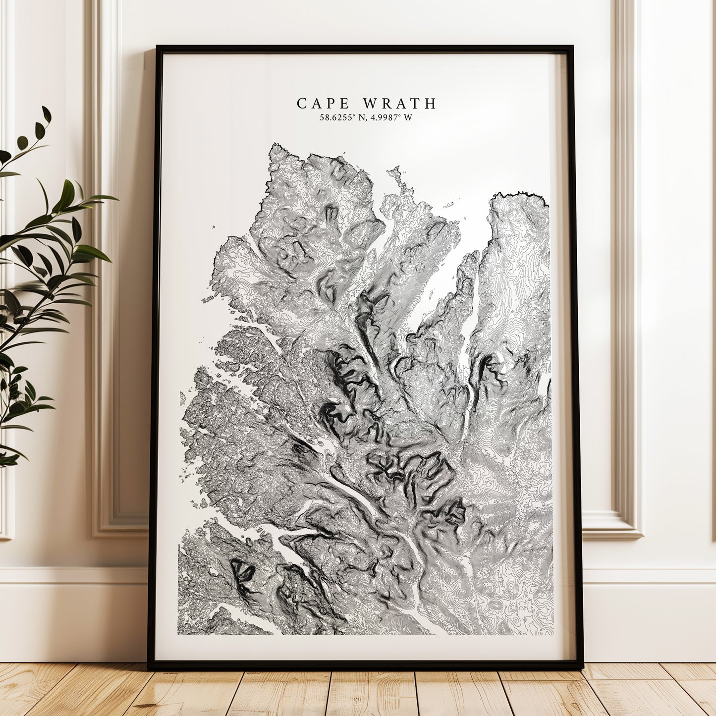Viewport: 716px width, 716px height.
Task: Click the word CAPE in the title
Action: [324, 104]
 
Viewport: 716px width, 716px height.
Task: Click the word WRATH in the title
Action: [399, 104]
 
